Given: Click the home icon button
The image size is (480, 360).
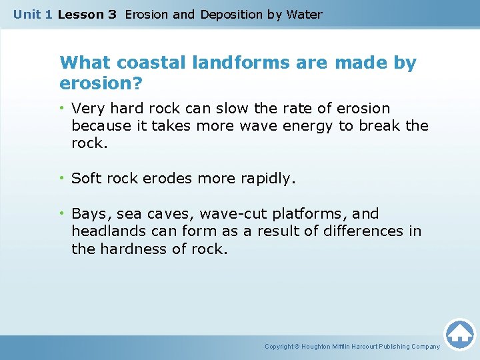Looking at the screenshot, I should pyautogui.click(x=459, y=334).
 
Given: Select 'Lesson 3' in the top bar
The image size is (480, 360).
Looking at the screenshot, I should pyautogui.click(x=87, y=14).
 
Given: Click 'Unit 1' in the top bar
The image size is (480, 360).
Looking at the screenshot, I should pyautogui.click(x=33, y=14).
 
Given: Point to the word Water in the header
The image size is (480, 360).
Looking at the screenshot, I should pyautogui.click(x=304, y=14).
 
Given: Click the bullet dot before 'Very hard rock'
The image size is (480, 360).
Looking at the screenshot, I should pyautogui.click(x=62, y=109).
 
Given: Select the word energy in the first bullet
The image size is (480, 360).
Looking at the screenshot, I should pyautogui.click(x=310, y=126).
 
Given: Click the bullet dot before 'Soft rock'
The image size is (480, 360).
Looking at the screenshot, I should pyautogui.click(x=62, y=179).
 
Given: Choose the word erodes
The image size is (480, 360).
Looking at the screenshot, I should pyautogui.click(x=168, y=179).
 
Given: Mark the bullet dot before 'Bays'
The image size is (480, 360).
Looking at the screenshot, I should pyautogui.click(x=62, y=214).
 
